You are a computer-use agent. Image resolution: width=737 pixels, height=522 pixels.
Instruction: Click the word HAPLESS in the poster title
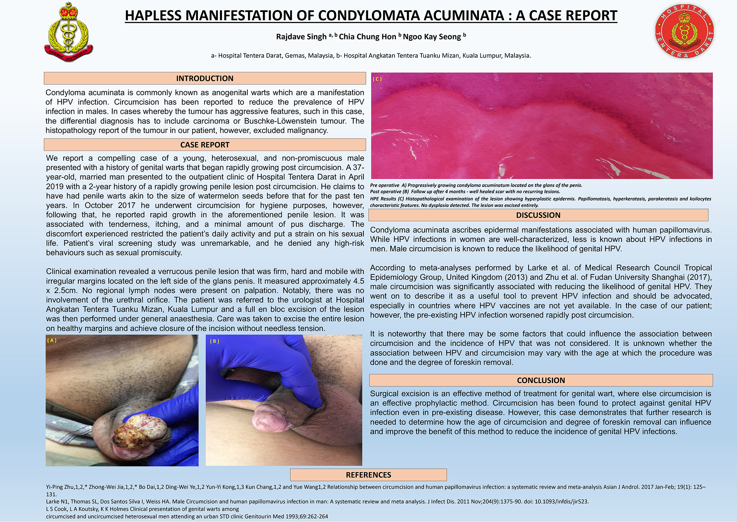pyautogui.click(x=153, y=15)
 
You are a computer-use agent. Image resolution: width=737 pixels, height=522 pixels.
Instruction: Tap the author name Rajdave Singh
pyautogui.click(x=301, y=36)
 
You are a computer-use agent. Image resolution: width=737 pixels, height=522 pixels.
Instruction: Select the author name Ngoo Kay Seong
pyautogui.click(x=432, y=36)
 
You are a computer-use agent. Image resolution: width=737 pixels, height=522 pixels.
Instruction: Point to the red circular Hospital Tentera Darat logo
pyautogui.click(x=685, y=32)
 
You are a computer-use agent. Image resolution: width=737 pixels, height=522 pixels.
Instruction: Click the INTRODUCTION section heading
pyautogui.click(x=205, y=78)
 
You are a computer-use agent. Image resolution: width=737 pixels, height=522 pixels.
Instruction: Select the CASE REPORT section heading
pyautogui.click(x=205, y=145)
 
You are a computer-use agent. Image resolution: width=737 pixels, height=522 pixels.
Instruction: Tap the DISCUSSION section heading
pyautogui.click(x=538, y=215)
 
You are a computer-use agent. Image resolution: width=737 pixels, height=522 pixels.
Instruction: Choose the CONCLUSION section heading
pyautogui.click(x=541, y=380)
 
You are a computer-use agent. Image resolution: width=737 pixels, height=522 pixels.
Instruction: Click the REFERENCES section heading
pyautogui.click(x=368, y=475)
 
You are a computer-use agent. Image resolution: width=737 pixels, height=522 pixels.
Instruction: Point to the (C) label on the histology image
pyautogui.click(x=377, y=79)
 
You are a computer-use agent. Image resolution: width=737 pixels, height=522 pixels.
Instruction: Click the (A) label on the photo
pyautogui.click(x=52, y=340)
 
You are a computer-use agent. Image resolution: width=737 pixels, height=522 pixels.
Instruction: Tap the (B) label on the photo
pyautogui.click(x=214, y=341)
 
